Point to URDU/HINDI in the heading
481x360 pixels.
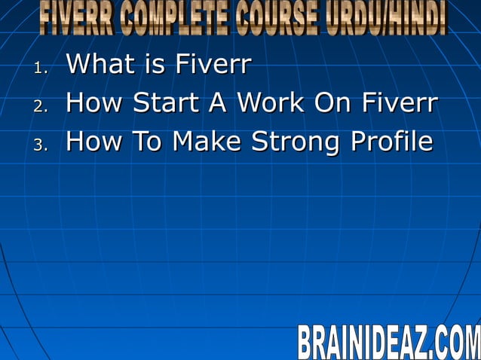pos(388,19)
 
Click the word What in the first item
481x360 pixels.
pos(98,65)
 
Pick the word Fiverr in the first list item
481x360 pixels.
pos(213,65)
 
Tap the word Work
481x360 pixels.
pos(271,103)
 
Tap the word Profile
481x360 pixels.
pos(393,141)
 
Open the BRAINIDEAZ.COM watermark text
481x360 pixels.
pos(388,342)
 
